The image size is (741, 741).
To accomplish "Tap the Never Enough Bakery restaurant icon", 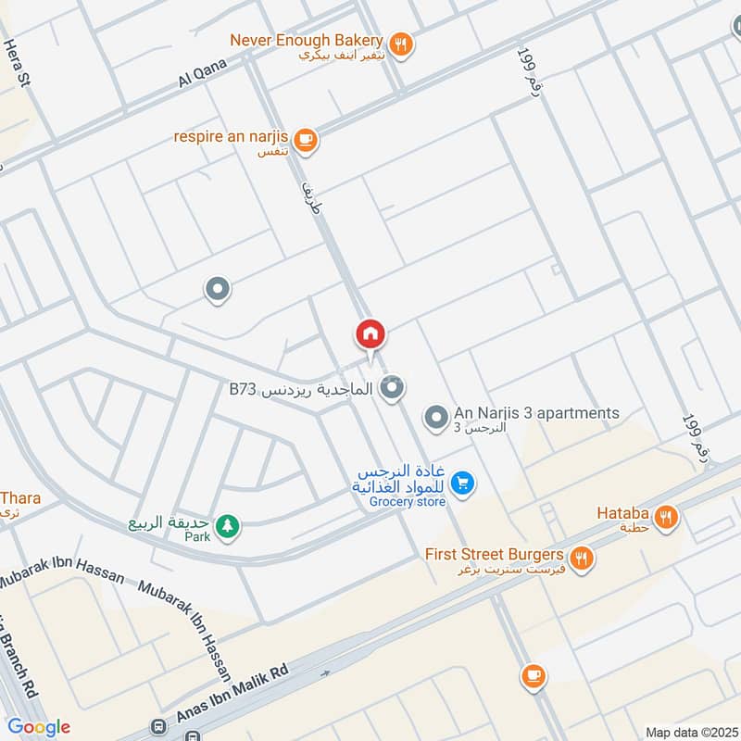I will pos(400,42).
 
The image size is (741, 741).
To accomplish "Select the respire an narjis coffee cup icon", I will pos(307,140).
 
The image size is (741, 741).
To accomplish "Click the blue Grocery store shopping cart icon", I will pos(464,482).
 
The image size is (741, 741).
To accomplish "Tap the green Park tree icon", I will pos(227,526).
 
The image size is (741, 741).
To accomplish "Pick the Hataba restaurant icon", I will pos(664,518).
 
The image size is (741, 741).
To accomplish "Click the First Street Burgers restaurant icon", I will pos(581,557).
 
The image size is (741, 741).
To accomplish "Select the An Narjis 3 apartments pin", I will pos(435,418).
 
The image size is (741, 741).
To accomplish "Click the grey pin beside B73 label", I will pos(394,388).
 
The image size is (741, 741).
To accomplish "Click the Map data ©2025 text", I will pos(689,732).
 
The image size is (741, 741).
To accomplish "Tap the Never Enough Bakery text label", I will pos(306,40).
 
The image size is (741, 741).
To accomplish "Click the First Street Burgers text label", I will pos(495,555).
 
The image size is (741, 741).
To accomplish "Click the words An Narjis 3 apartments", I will pos(536,413).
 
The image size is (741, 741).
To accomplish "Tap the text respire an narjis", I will pos(233,137).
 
